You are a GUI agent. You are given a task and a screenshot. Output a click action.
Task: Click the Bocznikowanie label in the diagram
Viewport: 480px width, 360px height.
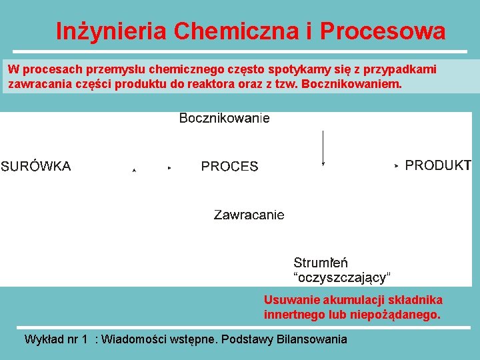(225, 119)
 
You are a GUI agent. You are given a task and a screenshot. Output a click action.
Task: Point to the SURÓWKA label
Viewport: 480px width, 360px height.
(35, 167)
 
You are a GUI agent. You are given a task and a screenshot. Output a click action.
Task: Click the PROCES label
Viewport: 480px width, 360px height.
(229, 167)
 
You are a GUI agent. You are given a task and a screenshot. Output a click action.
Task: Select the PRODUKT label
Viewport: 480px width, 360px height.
(438, 165)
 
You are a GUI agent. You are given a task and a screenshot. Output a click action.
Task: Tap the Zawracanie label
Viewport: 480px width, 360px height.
(249, 215)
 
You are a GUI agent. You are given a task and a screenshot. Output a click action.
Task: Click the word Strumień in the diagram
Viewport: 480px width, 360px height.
(321, 263)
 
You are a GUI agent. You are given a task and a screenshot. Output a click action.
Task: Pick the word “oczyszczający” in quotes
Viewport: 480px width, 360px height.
(342, 277)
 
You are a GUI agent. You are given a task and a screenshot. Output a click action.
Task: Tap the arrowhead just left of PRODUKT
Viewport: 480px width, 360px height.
(397, 165)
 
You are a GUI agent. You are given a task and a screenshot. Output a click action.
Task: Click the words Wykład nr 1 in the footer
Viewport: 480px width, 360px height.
(56, 339)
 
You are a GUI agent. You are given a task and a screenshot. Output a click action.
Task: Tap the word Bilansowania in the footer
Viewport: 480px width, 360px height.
(314, 339)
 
